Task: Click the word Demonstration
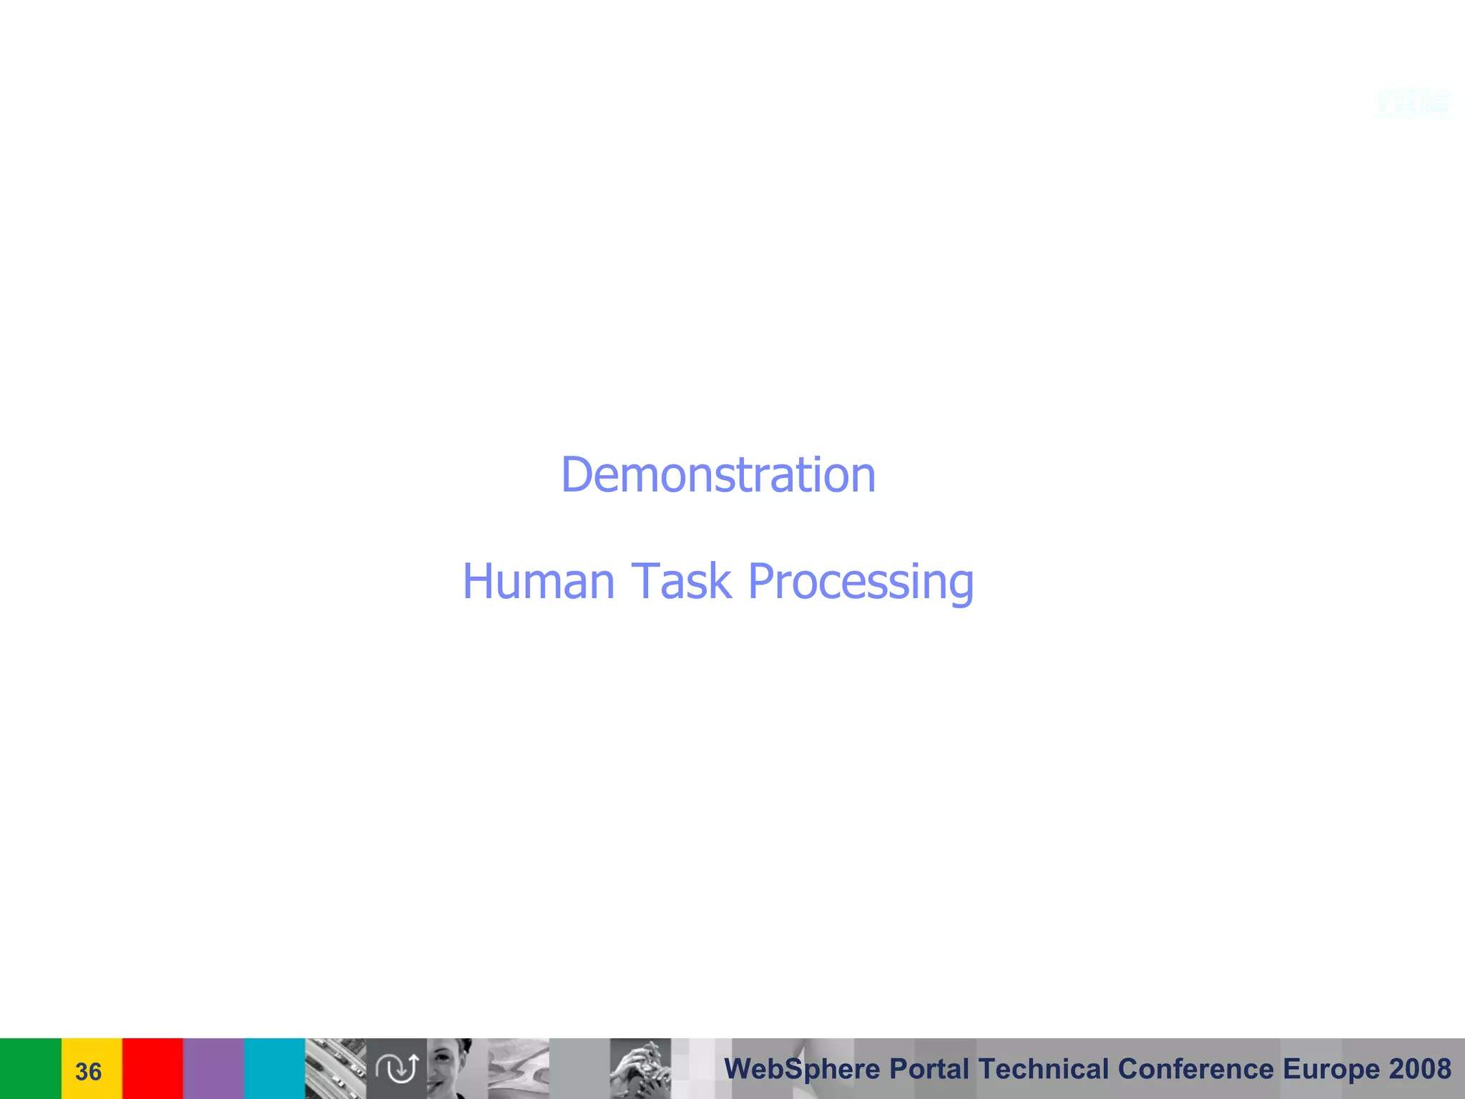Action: [718, 475]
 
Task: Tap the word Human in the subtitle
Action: [538, 581]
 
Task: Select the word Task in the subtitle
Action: [680, 581]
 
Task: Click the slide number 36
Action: [88, 1071]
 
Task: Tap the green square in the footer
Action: [30, 1068]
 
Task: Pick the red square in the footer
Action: [152, 1068]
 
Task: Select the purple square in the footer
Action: [213, 1068]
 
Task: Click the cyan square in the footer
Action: [275, 1068]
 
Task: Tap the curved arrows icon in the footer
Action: [397, 1068]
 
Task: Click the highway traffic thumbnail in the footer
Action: [335, 1068]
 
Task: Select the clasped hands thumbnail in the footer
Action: [640, 1068]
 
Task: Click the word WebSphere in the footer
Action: [802, 1069]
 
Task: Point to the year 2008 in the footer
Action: [1420, 1069]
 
